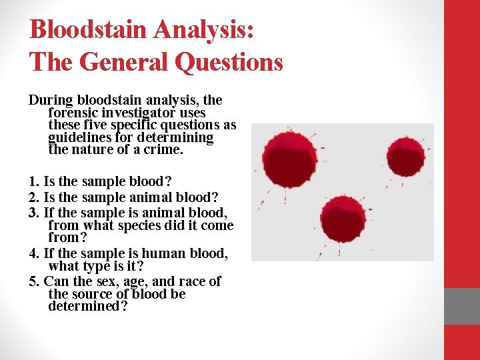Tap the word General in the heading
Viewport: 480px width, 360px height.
[x=124, y=63]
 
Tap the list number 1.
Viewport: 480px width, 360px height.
[x=33, y=181]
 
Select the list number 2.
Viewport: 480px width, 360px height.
[x=33, y=197]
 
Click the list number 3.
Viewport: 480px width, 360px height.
[x=33, y=213]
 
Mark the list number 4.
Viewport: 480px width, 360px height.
[x=33, y=253]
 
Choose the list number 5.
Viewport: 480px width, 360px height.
[x=33, y=281]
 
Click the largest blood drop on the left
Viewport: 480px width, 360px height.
[x=289, y=158]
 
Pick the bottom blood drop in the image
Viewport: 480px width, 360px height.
[x=343, y=217]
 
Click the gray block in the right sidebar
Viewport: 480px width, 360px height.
[x=462, y=306]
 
